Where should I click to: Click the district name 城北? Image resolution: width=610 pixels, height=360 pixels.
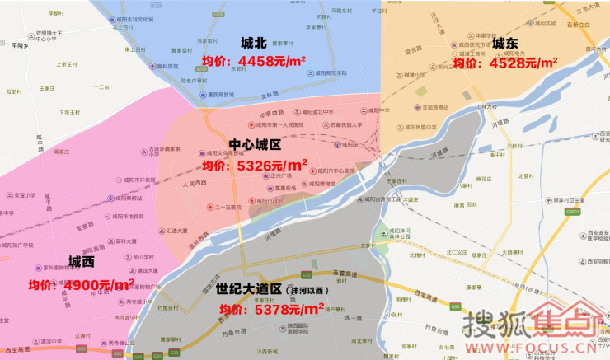pos(253,44)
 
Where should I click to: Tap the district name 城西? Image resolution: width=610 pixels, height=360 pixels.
pos(81,262)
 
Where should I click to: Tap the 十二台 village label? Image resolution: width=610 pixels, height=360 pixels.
pos(101,86)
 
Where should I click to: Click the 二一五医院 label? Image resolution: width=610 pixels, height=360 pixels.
pos(228,207)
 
